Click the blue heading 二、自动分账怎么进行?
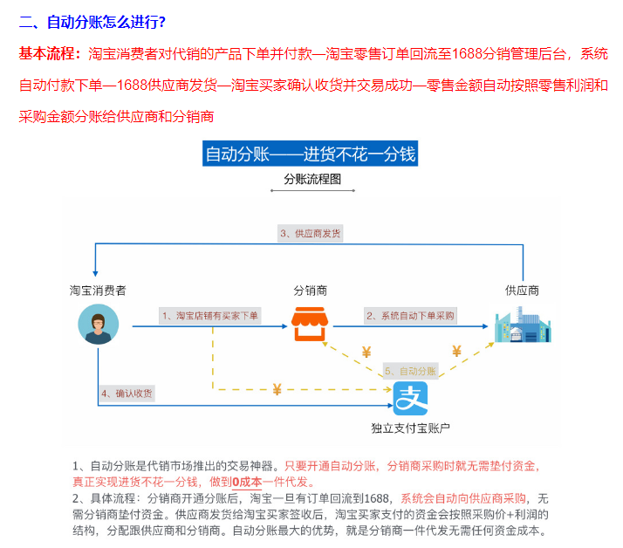(92, 22)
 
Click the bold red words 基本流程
(47, 53)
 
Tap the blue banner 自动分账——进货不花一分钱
(311, 154)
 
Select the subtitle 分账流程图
(312, 179)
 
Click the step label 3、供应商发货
(311, 233)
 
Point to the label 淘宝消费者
(98, 291)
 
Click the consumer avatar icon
(98, 325)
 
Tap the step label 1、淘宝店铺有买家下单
(210, 316)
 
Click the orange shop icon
(310, 324)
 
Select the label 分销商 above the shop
(311, 291)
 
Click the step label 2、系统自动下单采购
(410, 316)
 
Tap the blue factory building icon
(523, 325)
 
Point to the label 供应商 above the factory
(522, 291)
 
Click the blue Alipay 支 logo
(410, 399)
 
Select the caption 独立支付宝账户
(410, 428)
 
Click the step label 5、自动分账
(410, 371)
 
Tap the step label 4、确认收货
(127, 394)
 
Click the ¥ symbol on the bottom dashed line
(277, 389)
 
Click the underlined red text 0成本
(247, 482)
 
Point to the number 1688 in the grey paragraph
(376, 498)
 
